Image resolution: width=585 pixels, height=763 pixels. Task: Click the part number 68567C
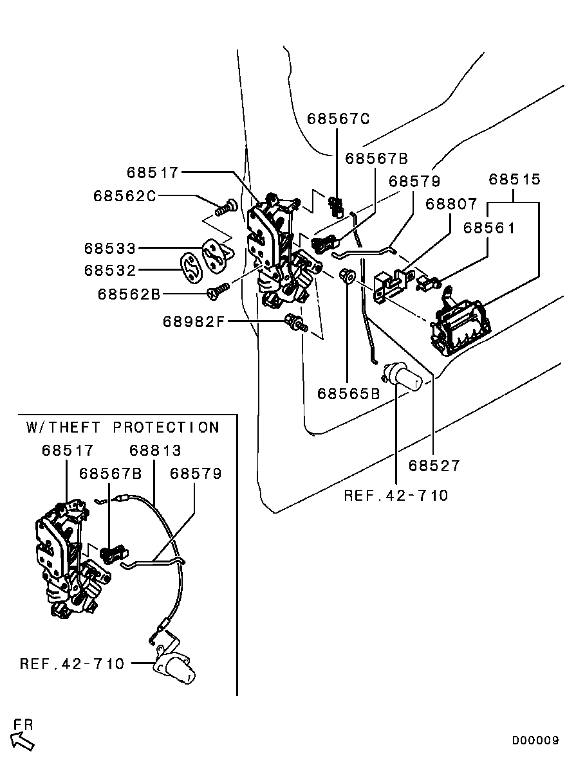point(339,119)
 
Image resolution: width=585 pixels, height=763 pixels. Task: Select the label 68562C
point(124,195)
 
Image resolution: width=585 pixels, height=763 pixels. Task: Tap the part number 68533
point(110,248)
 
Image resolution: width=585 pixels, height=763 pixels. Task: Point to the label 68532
point(110,271)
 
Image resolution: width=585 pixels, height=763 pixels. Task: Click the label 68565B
point(348,393)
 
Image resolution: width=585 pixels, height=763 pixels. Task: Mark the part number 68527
point(435,465)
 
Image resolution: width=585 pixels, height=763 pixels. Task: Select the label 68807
point(451,204)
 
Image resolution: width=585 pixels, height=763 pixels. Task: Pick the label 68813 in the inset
point(155,451)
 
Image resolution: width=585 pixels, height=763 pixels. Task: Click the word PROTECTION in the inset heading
point(166,427)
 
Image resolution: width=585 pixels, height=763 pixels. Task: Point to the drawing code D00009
point(535,741)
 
